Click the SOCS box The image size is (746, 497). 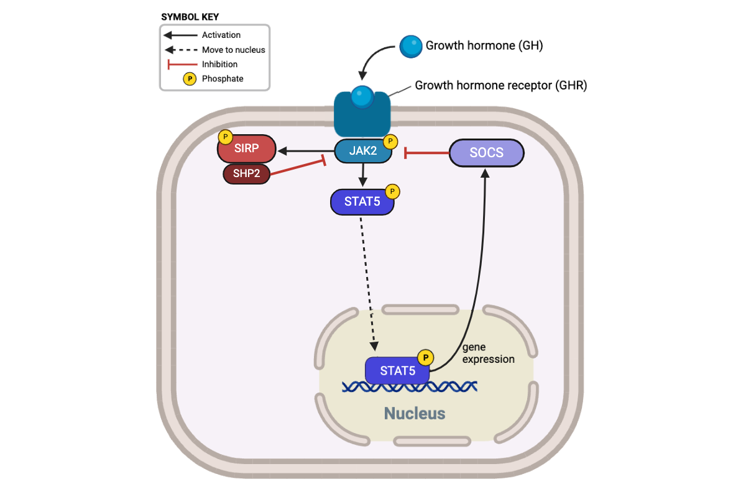click(486, 153)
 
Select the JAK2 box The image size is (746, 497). click(363, 152)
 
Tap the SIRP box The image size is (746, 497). click(246, 150)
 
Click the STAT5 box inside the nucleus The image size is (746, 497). click(397, 371)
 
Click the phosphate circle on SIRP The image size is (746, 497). click(225, 137)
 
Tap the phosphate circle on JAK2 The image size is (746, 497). click(390, 142)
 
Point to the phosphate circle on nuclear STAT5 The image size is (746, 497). click(425, 357)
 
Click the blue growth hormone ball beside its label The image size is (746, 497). click(410, 46)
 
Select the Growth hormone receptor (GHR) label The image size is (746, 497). click(500, 86)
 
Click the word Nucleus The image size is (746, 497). click(415, 413)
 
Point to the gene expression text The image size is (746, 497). click(489, 353)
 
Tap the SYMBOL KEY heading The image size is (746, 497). click(190, 17)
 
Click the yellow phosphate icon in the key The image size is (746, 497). click(189, 79)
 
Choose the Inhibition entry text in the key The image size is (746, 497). click(219, 64)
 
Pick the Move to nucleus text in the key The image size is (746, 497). click(234, 50)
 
